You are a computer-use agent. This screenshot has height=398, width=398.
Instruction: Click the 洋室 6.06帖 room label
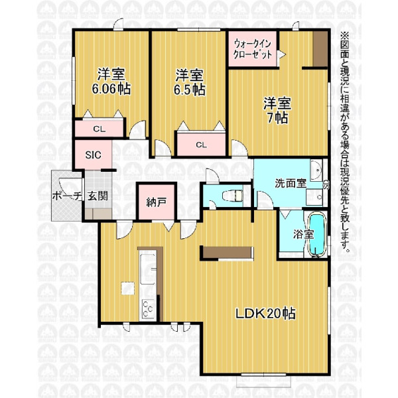(x=111, y=81)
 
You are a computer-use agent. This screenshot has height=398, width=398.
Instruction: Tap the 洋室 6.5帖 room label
(x=190, y=82)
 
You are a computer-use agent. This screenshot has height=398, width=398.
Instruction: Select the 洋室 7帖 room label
(x=277, y=110)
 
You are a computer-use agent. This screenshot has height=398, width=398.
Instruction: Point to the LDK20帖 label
(x=266, y=314)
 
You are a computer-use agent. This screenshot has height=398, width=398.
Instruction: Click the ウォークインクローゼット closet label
(x=252, y=49)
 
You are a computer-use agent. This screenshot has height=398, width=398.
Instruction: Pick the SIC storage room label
(x=93, y=155)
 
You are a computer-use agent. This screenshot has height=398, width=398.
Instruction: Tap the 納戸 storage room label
(x=157, y=202)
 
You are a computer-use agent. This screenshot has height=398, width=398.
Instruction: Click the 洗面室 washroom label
(x=291, y=183)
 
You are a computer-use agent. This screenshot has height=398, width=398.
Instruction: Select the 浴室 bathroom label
(x=304, y=234)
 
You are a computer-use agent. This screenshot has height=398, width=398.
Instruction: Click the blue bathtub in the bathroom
(x=316, y=234)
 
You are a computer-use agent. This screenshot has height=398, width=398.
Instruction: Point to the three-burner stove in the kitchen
(x=148, y=309)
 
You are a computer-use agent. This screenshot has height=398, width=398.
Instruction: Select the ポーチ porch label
(x=67, y=196)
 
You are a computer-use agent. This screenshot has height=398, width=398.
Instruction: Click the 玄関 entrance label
(x=98, y=196)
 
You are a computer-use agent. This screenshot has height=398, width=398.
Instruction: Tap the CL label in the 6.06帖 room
(x=99, y=129)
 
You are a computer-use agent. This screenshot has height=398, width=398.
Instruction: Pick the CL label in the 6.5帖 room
(x=201, y=145)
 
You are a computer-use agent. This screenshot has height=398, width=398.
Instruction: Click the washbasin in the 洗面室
(x=316, y=170)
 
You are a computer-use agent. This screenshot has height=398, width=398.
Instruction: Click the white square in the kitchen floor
(x=127, y=289)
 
